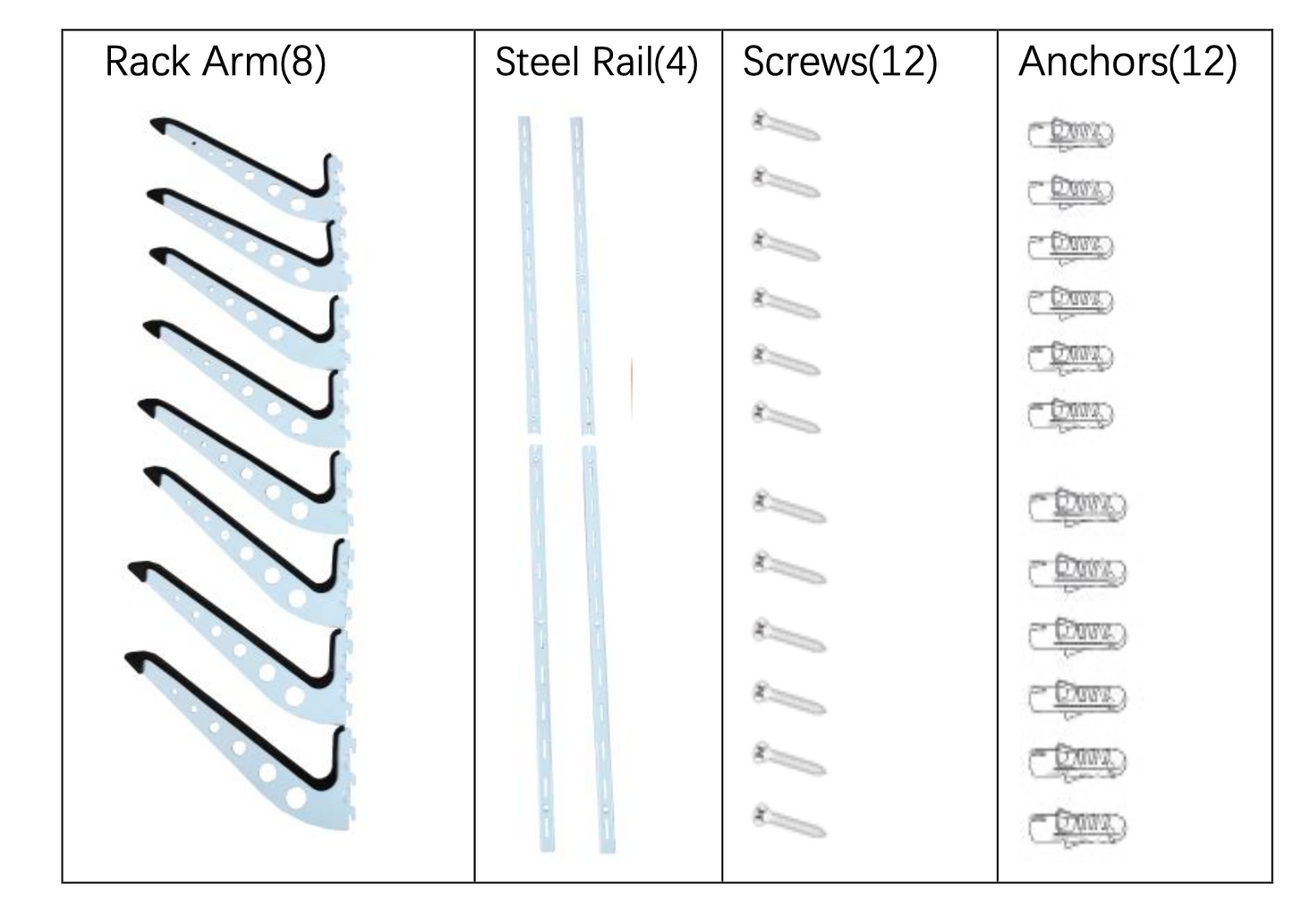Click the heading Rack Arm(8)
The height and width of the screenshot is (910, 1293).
(215, 63)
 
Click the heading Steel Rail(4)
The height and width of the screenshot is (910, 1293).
(596, 63)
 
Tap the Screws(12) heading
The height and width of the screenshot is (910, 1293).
(839, 63)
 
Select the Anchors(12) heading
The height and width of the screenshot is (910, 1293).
(1127, 63)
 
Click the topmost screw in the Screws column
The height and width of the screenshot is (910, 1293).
(786, 126)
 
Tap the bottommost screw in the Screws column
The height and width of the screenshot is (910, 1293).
(788, 821)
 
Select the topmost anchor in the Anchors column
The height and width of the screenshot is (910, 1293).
(1070, 134)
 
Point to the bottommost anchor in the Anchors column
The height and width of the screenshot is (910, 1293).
(1076, 826)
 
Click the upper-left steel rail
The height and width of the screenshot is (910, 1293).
(528, 273)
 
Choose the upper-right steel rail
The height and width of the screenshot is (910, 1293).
(582, 273)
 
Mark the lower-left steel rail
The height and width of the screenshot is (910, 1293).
(541, 649)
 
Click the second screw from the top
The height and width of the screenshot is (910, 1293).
(786, 183)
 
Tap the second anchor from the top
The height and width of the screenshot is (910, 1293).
(1070, 191)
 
